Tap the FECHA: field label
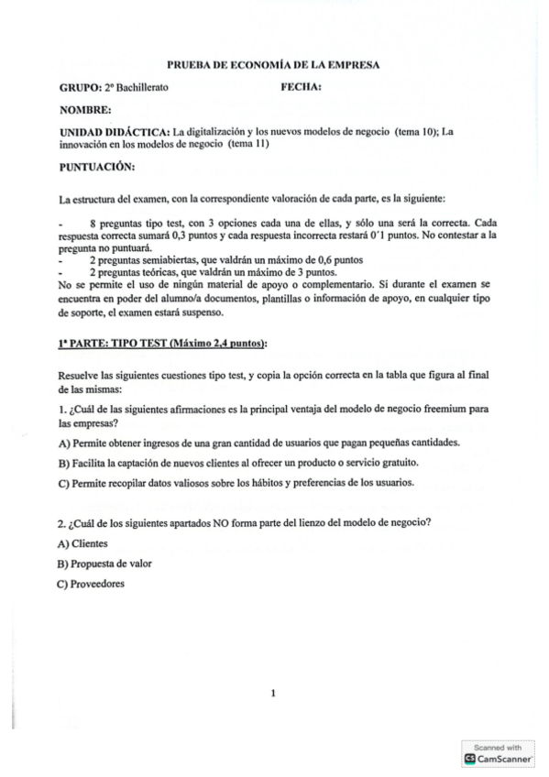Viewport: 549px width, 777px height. click(x=301, y=88)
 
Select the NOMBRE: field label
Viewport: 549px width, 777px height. click(x=85, y=110)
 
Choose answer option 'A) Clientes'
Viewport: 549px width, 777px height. click(x=82, y=543)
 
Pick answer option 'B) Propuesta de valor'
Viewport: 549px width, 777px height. click(x=104, y=564)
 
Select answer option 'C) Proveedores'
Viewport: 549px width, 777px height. click(x=91, y=584)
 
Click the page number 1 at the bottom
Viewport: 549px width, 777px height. click(x=273, y=693)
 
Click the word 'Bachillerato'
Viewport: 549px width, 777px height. click(x=141, y=88)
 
